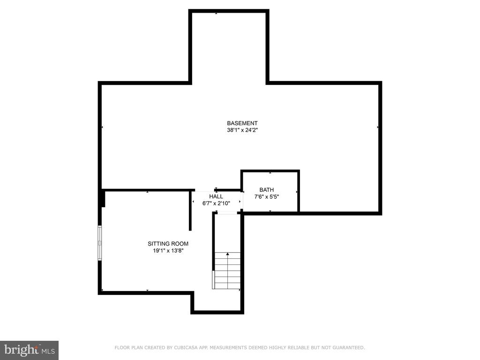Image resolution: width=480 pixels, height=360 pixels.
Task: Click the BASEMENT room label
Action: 242,123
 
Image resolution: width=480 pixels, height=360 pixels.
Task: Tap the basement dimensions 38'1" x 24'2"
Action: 242,130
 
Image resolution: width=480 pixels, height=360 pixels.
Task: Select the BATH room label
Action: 267,190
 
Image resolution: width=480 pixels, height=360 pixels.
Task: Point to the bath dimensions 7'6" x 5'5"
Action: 267,197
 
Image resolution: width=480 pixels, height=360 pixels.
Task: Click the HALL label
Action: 216,196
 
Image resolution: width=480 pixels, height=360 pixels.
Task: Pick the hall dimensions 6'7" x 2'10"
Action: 216,203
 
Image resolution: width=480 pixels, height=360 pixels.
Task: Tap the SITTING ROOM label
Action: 168,244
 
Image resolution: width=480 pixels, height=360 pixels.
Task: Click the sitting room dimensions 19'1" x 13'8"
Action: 168,251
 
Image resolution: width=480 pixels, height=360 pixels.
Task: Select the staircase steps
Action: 227,270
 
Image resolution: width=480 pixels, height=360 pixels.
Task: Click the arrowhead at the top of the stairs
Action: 227,254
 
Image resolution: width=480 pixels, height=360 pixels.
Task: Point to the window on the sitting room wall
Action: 100,243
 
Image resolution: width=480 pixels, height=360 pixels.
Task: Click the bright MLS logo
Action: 29,350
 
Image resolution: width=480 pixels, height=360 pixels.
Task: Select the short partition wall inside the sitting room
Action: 190,210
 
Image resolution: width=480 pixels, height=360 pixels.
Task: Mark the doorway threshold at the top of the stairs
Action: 227,213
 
